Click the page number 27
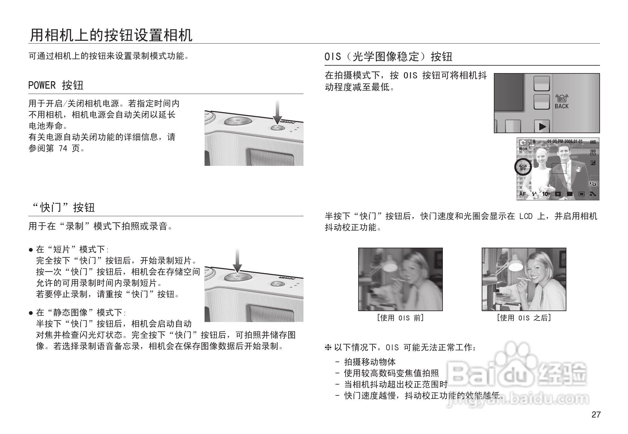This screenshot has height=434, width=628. click(x=596, y=415)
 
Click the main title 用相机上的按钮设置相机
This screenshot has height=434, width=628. click(x=111, y=35)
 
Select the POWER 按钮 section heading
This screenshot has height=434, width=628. click(x=56, y=85)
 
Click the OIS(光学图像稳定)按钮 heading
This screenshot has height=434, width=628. click(x=388, y=57)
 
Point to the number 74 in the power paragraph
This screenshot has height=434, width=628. click(x=63, y=148)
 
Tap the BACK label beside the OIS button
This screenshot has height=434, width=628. click(x=561, y=106)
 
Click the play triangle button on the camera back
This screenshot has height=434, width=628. click(x=542, y=127)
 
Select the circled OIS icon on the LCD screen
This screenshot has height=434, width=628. click(x=523, y=167)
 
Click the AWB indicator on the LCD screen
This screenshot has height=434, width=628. click(x=593, y=142)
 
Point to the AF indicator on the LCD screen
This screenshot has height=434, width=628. click(x=522, y=194)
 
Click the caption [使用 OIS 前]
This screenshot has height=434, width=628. click(x=400, y=318)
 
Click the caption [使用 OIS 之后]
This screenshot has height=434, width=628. click(x=524, y=318)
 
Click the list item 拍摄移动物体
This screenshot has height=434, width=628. click(x=370, y=362)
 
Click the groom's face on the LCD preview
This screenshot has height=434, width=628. click(x=564, y=153)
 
